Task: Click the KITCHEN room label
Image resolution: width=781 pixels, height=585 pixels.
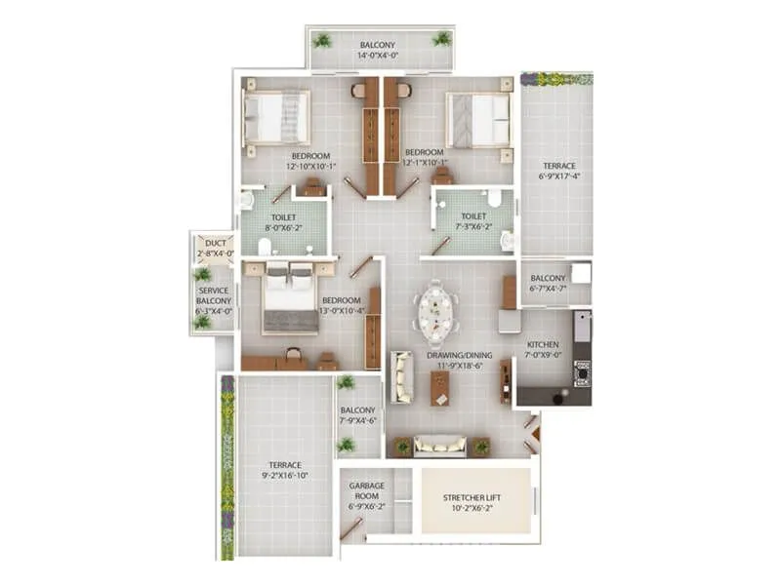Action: (543, 345)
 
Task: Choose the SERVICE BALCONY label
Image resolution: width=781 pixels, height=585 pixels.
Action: (215, 295)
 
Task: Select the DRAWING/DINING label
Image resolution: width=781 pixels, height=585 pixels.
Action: (459, 356)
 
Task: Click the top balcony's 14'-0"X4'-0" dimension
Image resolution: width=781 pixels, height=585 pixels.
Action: (379, 57)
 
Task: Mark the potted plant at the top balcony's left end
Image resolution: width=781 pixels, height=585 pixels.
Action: (322, 40)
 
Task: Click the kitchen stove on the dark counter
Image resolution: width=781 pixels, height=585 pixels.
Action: (583, 372)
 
